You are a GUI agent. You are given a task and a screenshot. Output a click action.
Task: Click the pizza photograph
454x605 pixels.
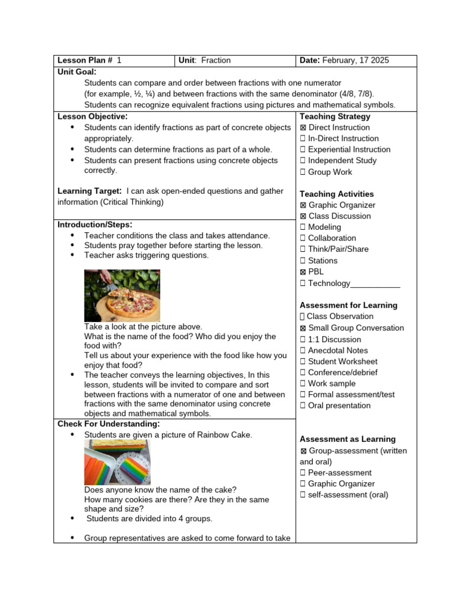click(x=122, y=295)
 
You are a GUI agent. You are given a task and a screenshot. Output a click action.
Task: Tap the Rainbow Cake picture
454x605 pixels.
click(x=117, y=463)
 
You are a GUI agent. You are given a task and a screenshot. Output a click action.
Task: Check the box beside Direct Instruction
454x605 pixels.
click(x=303, y=128)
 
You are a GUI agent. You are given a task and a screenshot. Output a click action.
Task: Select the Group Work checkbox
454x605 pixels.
click(x=303, y=172)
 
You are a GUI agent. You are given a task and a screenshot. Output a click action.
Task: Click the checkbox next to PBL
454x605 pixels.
click(x=303, y=272)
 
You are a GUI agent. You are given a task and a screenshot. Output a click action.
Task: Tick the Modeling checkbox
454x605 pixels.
click(x=303, y=227)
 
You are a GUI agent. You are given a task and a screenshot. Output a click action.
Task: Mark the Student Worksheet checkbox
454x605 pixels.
click(x=303, y=362)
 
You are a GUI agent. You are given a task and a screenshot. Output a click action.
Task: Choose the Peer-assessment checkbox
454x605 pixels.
click(x=303, y=473)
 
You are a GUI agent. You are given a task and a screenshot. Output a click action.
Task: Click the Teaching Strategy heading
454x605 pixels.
click(x=335, y=116)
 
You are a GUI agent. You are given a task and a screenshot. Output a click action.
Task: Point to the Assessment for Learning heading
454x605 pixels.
click(x=348, y=305)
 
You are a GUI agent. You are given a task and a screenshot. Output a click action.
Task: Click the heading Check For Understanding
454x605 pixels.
click(x=108, y=424)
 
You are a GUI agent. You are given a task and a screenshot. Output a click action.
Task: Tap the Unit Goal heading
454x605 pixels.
click(x=77, y=71)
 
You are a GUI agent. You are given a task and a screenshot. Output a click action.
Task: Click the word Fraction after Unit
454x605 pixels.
click(x=216, y=60)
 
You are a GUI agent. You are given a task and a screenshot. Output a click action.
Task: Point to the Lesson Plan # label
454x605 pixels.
click(x=85, y=60)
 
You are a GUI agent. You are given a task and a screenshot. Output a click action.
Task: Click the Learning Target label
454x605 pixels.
click(x=89, y=191)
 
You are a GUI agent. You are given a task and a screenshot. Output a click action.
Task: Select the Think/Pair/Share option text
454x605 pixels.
click(x=338, y=249)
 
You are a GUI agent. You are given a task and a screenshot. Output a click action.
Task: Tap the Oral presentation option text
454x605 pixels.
click(x=339, y=405)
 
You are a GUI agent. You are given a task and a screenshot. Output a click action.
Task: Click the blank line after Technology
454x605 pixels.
click(x=375, y=284)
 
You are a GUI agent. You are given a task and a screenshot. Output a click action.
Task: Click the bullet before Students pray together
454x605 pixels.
click(x=72, y=245)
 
